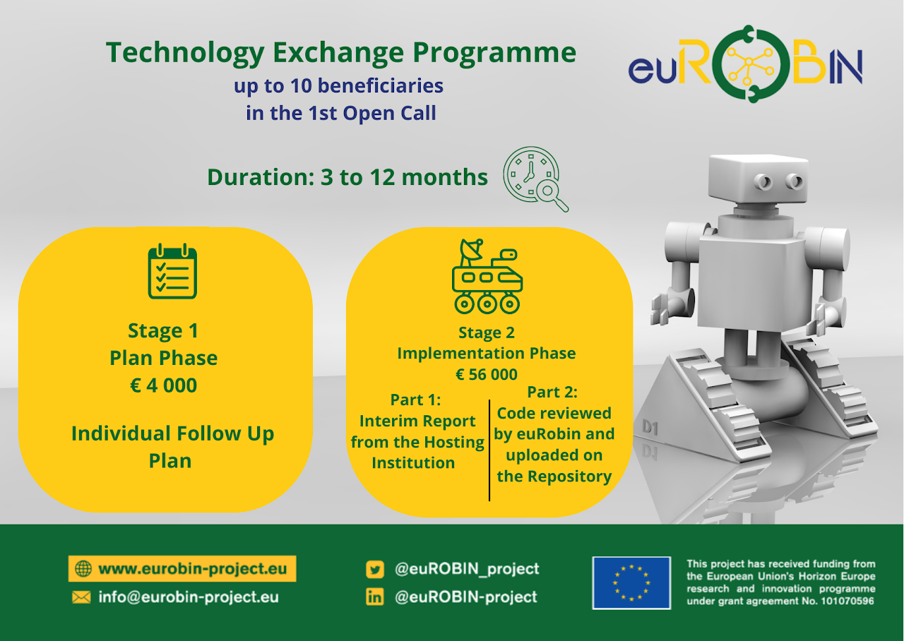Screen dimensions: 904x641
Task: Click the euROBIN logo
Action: [x=745, y=64]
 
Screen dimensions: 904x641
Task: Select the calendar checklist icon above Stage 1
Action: [x=172, y=271]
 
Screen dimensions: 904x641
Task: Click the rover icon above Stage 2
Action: [x=487, y=276]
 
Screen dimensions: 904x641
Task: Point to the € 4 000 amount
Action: [x=163, y=385]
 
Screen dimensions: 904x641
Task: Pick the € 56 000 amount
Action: [x=487, y=374]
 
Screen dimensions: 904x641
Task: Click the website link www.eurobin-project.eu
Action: [x=193, y=569]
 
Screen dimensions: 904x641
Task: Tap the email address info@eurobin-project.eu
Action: [x=189, y=597]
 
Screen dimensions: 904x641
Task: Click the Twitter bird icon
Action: [x=375, y=570]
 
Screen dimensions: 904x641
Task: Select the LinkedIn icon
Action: [x=375, y=597]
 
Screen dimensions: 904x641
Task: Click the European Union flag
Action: [x=631, y=583]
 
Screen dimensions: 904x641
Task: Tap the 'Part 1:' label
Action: [x=416, y=400]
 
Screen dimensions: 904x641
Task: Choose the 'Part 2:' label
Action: [x=552, y=392]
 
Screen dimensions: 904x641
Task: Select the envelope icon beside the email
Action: [x=81, y=597]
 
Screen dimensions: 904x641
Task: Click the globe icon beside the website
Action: [x=83, y=569]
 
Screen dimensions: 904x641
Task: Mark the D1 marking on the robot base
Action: [x=650, y=427]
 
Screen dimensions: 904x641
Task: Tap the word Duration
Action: [x=261, y=177]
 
